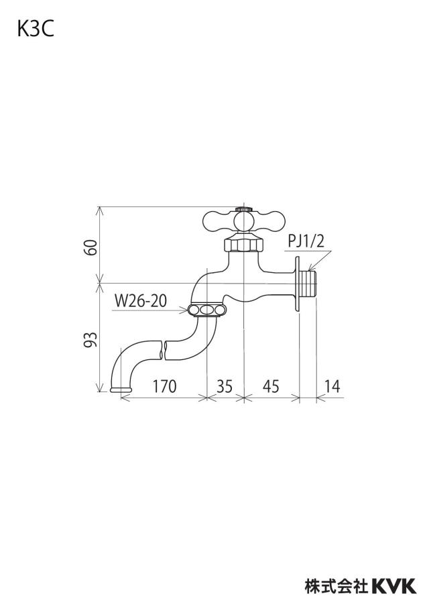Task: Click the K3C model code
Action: [x=35, y=29]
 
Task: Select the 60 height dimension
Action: [x=91, y=247]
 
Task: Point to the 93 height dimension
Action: [x=91, y=339]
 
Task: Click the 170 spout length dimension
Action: [x=164, y=386]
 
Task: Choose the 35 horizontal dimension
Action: [x=225, y=386]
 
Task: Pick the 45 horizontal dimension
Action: [x=271, y=386]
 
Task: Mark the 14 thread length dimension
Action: [x=332, y=386]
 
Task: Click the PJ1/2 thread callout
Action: [x=306, y=241]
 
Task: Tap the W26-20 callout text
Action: [x=141, y=301]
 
